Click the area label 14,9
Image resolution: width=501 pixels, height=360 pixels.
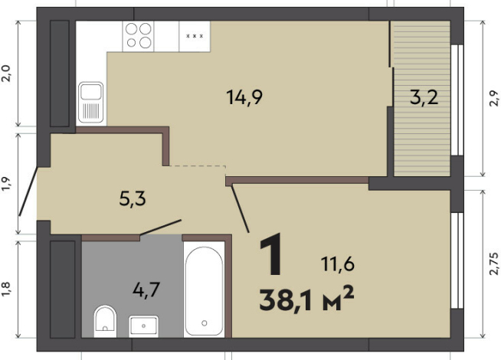(x=244, y=97)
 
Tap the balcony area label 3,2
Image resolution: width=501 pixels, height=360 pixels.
(x=424, y=97)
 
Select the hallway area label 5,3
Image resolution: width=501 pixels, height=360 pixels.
(x=133, y=198)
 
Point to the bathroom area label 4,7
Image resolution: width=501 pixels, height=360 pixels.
(x=146, y=290)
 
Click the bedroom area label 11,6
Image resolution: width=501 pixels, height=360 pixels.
(x=337, y=264)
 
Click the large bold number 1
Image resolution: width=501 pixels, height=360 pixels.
(x=271, y=254)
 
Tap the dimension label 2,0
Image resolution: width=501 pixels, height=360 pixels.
(x=6, y=74)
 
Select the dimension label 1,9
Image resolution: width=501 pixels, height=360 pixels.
(x=6, y=184)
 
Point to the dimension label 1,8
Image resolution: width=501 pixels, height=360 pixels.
(x=6, y=289)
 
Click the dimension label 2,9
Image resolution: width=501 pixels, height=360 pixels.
(x=493, y=98)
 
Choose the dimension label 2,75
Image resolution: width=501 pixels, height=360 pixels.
(x=493, y=263)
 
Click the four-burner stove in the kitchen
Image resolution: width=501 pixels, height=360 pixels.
(x=138, y=36)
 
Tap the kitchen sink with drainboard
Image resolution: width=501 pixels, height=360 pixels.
(x=91, y=102)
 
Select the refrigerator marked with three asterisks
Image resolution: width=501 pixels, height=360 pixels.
(x=195, y=36)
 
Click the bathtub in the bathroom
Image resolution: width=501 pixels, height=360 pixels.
(x=205, y=291)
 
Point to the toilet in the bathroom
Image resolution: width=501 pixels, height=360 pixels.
(x=105, y=320)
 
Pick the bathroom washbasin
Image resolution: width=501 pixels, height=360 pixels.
(x=143, y=326)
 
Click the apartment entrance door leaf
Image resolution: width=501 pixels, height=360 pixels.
(x=28, y=191)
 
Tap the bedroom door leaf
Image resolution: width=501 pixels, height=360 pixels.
(x=241, y=208)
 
